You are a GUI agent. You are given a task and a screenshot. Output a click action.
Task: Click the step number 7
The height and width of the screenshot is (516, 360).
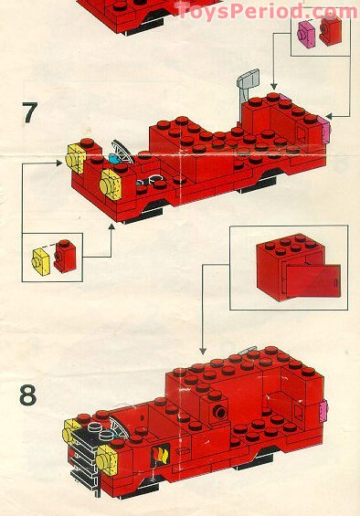point(29,115)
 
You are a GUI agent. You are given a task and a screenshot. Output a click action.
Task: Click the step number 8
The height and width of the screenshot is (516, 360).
point(29,396)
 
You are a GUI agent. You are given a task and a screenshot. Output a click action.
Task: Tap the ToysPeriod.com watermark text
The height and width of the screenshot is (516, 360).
point(266,11)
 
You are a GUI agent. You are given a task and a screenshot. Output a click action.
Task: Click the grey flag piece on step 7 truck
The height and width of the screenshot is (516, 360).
point(247,82)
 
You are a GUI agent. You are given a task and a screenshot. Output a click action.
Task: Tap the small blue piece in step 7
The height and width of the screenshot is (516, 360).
point(115,159)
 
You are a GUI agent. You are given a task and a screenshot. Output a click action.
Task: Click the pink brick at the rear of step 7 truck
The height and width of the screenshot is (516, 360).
point(324,132)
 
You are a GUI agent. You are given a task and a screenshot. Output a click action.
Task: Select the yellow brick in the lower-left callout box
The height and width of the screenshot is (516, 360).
point(42,258)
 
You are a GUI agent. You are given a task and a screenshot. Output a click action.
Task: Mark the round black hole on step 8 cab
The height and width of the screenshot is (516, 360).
point(220,413)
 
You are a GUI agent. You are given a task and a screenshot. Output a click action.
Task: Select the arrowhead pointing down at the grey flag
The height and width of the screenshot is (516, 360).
point(275,84)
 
